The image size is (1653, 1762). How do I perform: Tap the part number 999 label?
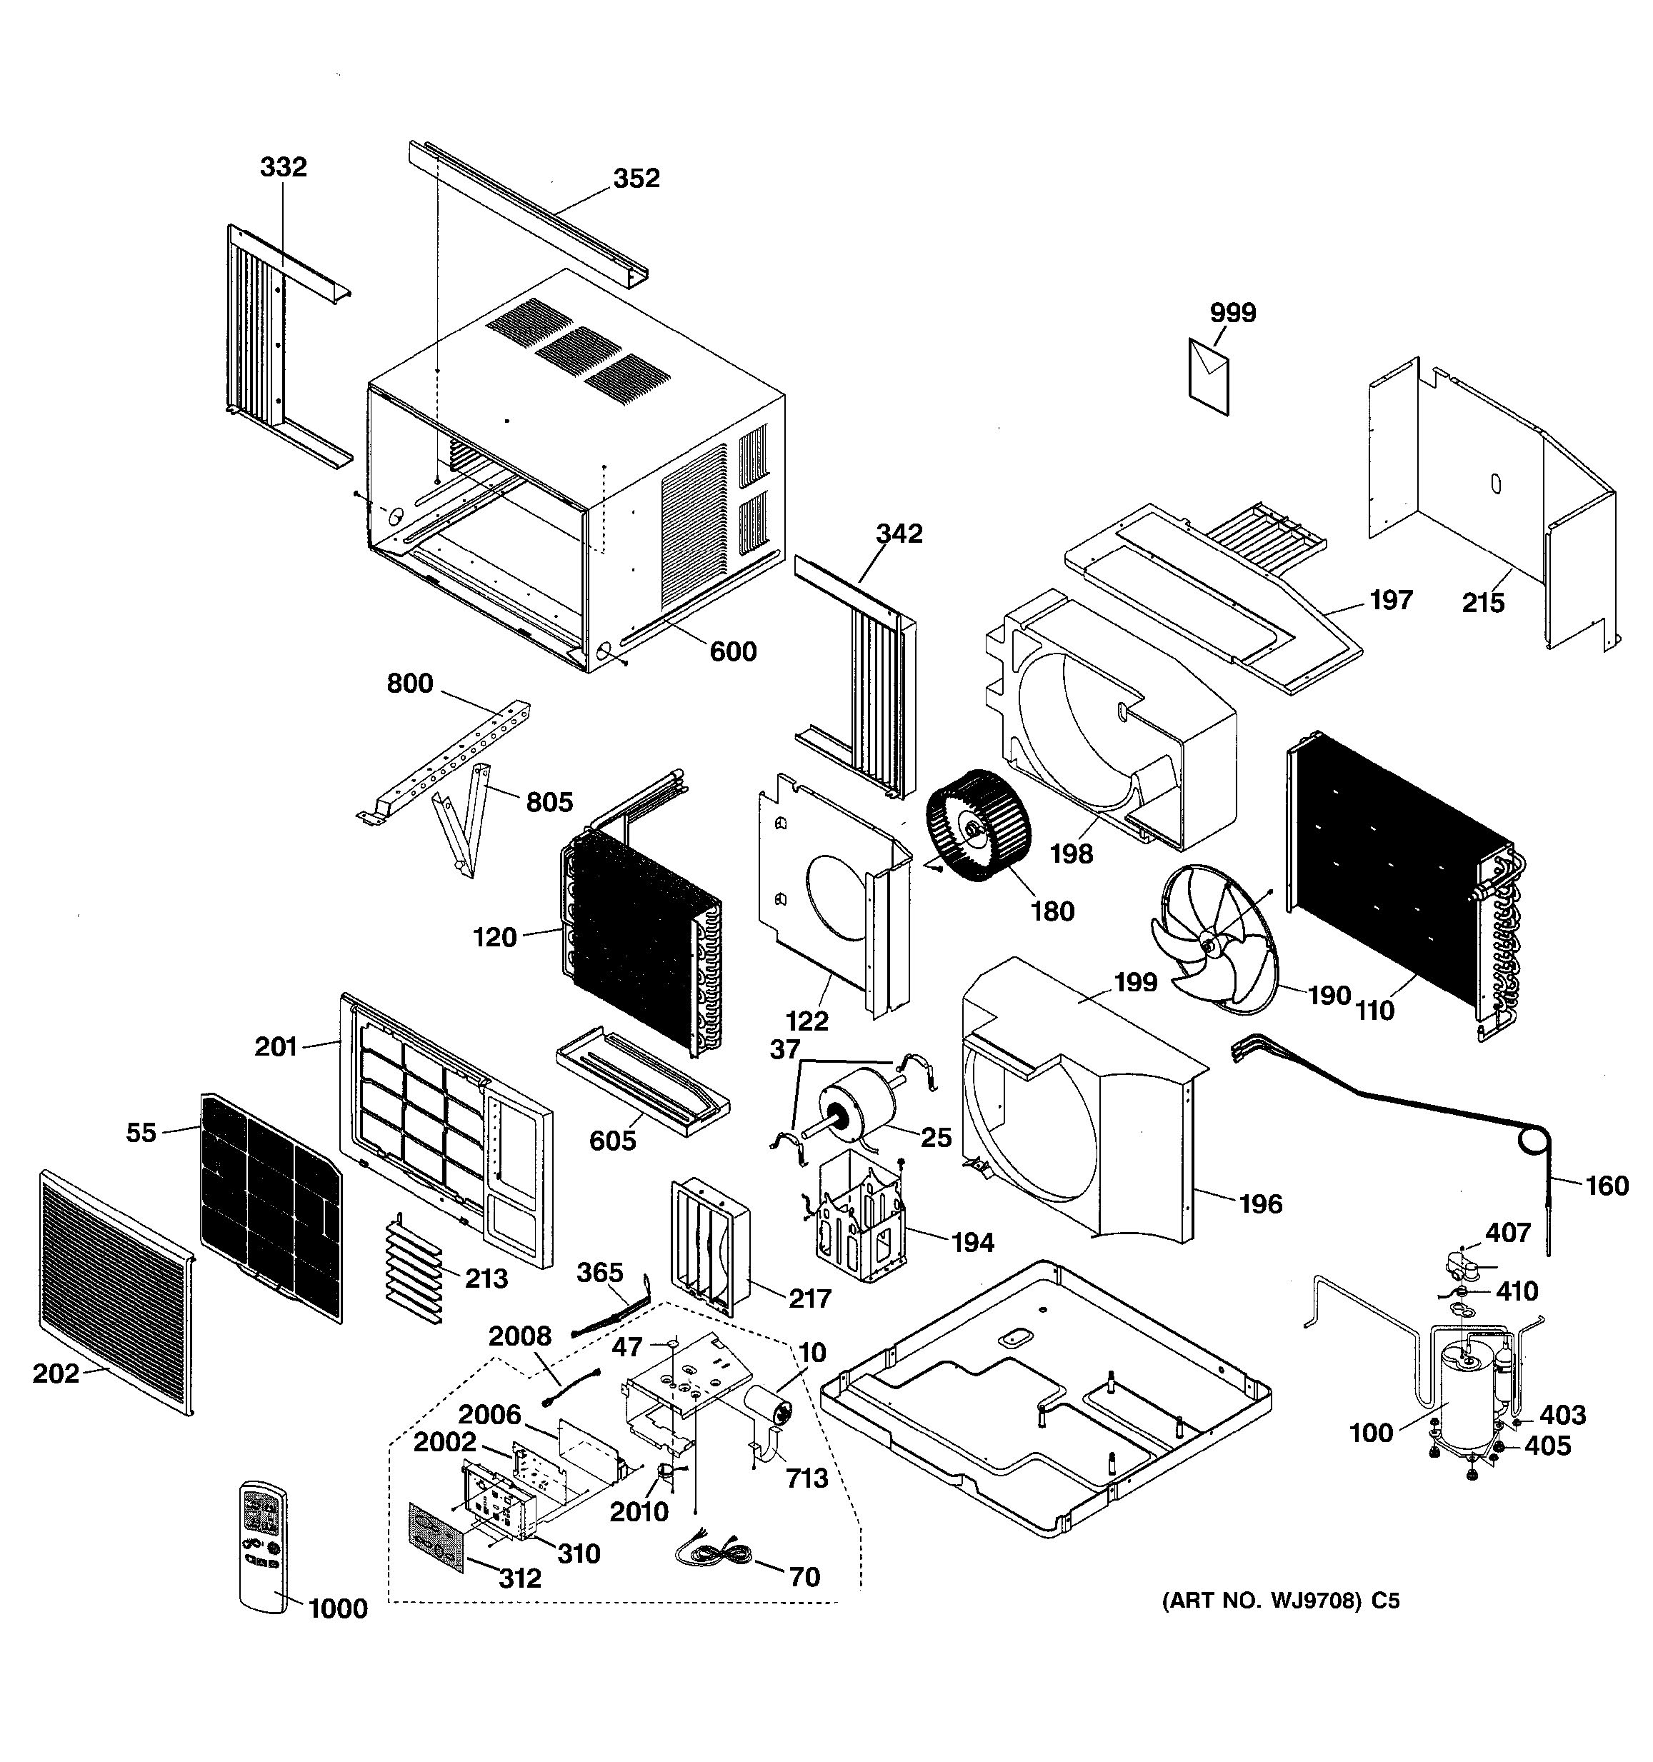(1233, 313)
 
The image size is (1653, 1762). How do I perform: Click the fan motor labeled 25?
(849, 1114)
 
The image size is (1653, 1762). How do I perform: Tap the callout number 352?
(636, 178)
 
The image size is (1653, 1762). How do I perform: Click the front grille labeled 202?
(115, 1293)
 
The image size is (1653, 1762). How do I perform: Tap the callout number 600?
(733, 651)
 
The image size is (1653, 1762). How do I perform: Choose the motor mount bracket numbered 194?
(860, 1216)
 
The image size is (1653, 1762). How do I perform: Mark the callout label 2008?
(519, 1336)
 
